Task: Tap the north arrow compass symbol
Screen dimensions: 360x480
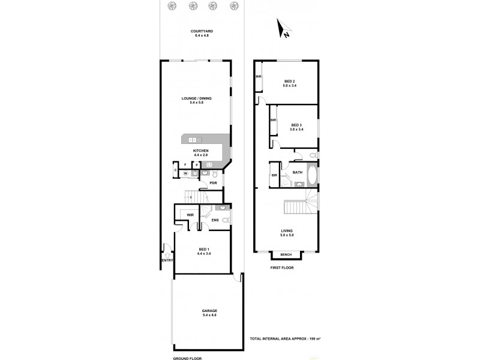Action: [283, 28]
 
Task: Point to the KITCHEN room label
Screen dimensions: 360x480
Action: [200, 151]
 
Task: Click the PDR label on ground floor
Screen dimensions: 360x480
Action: [213, 183]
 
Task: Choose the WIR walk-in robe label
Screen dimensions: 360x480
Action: [190, 215]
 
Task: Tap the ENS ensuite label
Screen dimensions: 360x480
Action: [214, 220]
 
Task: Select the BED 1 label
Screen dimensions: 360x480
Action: [203, 249]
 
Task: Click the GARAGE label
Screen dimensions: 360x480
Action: [209, 311]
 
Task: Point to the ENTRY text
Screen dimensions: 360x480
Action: [167, 260]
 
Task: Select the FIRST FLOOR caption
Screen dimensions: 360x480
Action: [282, 268]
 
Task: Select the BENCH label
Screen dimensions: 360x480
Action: [286, 255]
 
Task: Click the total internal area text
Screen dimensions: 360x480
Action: [285, 339]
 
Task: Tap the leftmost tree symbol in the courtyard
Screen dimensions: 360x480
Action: [173, 6]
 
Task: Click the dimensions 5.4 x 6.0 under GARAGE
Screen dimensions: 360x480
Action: [209, 316]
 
